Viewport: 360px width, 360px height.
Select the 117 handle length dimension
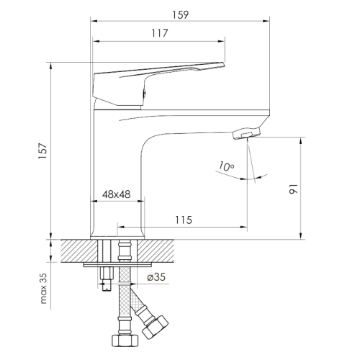159,32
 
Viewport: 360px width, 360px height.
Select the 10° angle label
226,167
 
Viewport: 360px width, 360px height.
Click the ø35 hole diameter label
156,277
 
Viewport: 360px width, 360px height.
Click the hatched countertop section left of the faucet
76,251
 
